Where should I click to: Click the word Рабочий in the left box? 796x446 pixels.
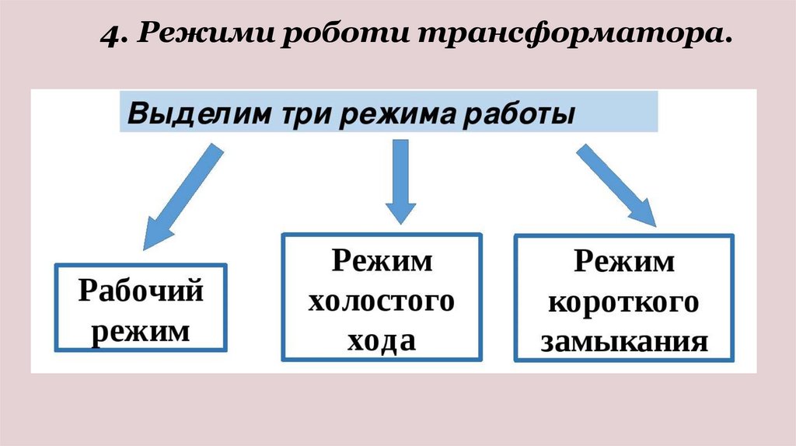[x=141, y=292]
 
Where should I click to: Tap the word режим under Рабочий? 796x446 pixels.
[x=141, y=332]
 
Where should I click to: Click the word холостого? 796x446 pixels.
[x=382, y=301]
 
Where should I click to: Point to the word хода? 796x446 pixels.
[x=382, y=340]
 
